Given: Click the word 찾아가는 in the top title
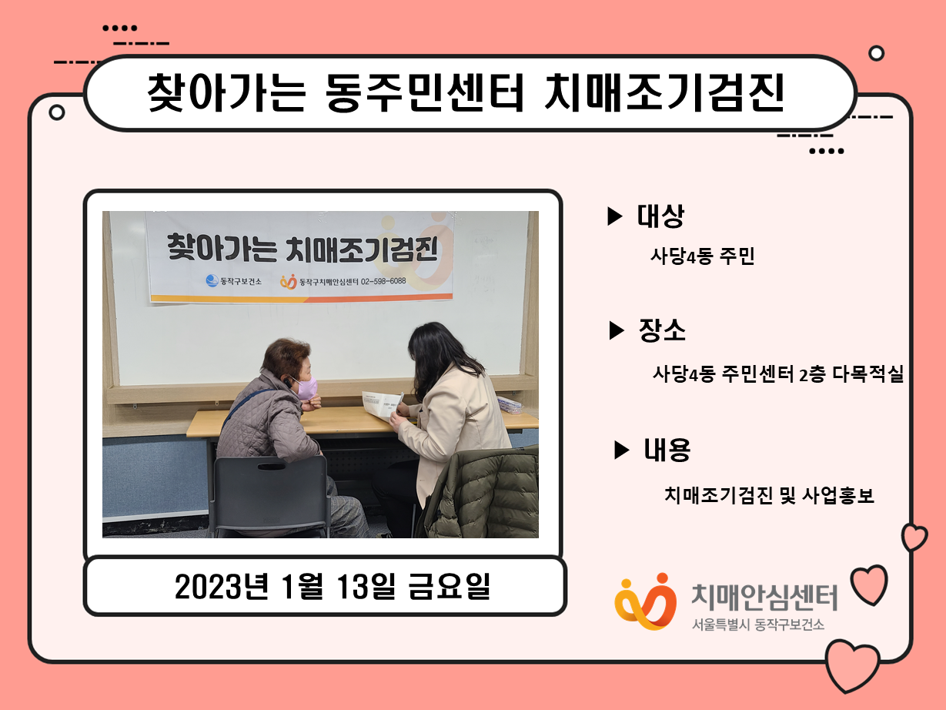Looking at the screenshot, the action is click(x=226, y=92).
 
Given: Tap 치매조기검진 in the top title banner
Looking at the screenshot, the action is click(x=664, y=92).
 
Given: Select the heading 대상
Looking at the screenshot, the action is click(x=660, y=216).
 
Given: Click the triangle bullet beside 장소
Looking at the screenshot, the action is click(x=617, y=330).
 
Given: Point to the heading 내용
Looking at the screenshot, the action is click(x=667, y=450).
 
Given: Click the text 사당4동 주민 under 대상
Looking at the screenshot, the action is click(x=703, y=256).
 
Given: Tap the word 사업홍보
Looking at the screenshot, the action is click(x=838, y=495).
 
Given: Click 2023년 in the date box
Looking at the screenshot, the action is click(x=222, y=586).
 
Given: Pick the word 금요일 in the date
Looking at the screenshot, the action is click(x=450, y=586).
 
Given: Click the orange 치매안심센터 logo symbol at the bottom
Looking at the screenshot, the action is click(x=645, y=601).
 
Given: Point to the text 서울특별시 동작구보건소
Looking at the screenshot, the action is click(x=758, y=625).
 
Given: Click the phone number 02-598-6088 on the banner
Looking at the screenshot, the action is click(x=383, y=281).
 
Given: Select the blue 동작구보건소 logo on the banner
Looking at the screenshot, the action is click(x=212, y=281).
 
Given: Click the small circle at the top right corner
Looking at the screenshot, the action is click(x=876, y=53).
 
